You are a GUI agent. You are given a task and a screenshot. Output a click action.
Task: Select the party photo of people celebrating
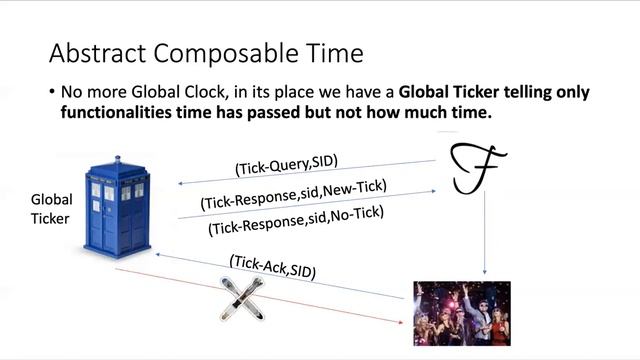click(x=462, y=312)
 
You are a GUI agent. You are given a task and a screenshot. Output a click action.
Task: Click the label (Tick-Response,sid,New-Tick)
click(x=294, y=194)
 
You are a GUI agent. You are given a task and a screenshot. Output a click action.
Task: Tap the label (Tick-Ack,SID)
click(x=273, y=267)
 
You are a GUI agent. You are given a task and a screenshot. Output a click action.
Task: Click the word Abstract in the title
click(x=97, y=52)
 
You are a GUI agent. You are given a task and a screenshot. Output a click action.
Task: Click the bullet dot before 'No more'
click(x=51, y=92)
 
